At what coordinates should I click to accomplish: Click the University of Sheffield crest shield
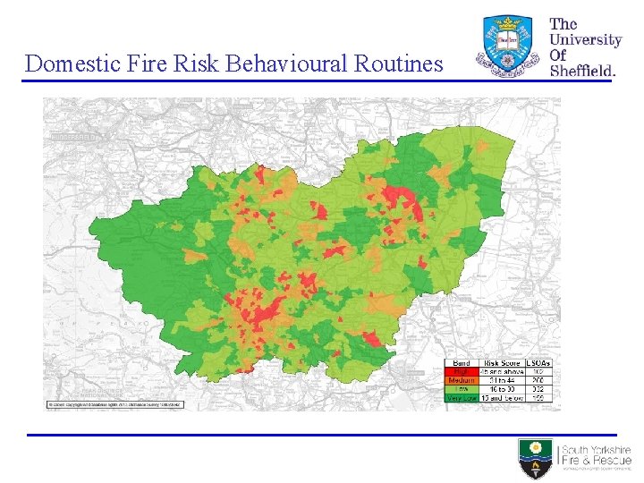tap(509, 45)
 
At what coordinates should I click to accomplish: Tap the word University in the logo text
tap(585, 39)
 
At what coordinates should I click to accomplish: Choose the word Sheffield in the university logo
tap(581, 70)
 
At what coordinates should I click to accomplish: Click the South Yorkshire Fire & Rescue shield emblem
tap(536, 458)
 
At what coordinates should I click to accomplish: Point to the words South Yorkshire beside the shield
tap(596, 451)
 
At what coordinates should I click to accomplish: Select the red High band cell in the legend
tap(462, 371)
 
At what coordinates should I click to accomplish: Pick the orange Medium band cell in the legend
tap(462, 380)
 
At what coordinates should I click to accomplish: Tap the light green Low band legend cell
tap(462, 389)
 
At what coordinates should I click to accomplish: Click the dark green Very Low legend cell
tap(462, 398)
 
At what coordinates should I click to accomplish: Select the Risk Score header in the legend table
tap(502, 362)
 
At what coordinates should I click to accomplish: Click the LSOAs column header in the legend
tap(539, 362)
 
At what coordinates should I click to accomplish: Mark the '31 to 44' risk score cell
tap(502, 380)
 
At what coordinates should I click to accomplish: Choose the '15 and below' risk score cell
tap(502, 398)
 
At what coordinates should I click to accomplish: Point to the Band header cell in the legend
tap(462, 362)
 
